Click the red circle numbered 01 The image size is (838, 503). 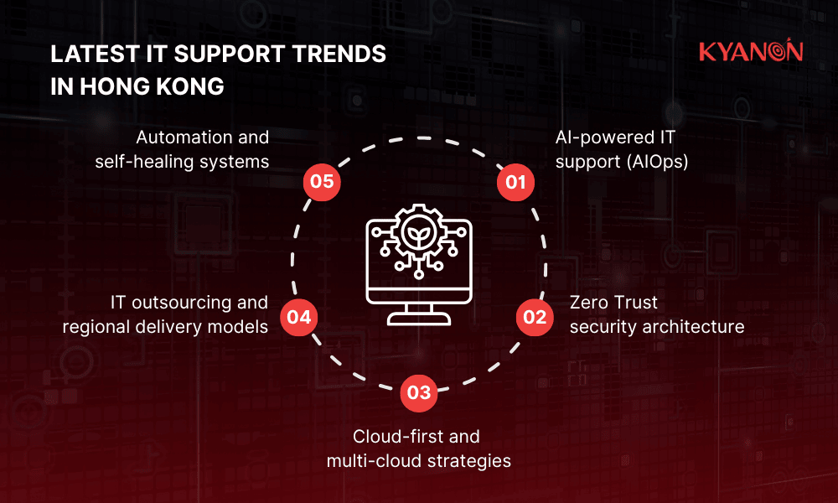point(516,182)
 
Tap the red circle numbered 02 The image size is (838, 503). point(535,317)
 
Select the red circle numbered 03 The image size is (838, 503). point(419,392)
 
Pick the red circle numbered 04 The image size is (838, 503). point(299,317)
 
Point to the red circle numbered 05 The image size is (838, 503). point(322,182)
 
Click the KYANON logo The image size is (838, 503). point(751,52)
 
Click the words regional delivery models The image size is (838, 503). point(165,326)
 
